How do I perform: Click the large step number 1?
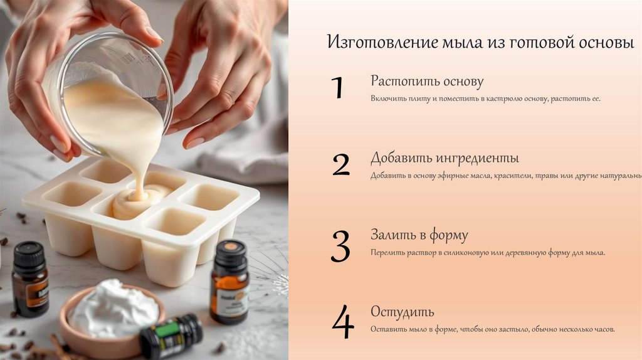(x=337, y=87)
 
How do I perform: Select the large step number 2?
(x=341, y=164)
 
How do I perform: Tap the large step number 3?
(x=340, y=246)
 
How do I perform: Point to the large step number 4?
(x=343, y=322)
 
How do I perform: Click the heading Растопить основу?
(x=427, y=82)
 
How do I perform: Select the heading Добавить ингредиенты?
(x=445, y=158)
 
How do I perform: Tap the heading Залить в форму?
(x=419, y=235)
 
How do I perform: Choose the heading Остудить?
(x=402, y=312)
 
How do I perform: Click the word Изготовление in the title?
(x=382, y=42)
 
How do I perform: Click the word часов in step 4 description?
(x=604, y=329)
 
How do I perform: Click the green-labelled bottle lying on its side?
(x=171, y=336)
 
